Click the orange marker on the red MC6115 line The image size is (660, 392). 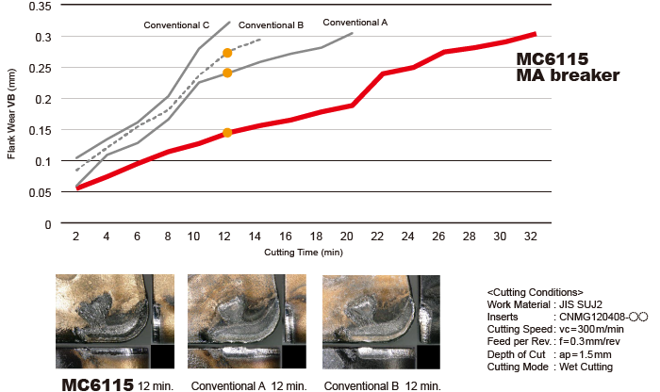click(x=227, y=133)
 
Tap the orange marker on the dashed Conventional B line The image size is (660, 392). click(x=227, y=54)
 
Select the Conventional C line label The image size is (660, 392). click(x=175, y=24)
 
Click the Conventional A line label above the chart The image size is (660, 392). click(x=355, y=22)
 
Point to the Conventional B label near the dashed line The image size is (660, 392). click(x=271, y=25)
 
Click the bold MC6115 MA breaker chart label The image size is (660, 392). click(x=567, y=67)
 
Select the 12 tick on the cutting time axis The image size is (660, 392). click(x=227, y=237)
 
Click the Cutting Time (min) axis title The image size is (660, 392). click(x=304, y=253)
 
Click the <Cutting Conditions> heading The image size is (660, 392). click(x=536, y=292)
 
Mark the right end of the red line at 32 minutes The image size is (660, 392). click(x=535, y=34)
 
